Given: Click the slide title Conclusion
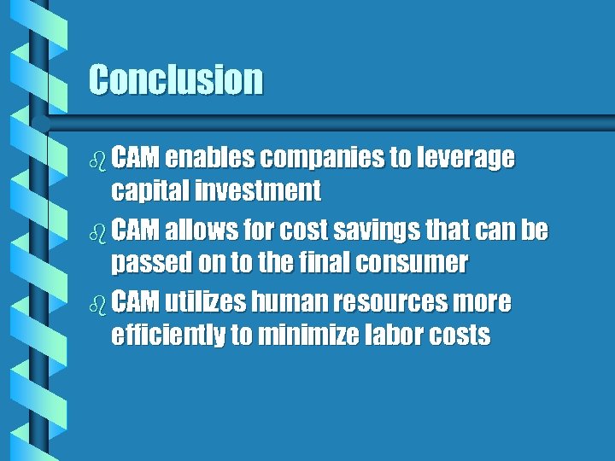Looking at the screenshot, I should coord(176,79).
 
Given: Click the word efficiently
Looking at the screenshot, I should coord(167,336).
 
